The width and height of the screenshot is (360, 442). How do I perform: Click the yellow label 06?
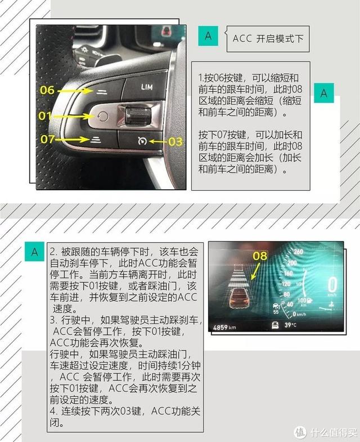47,90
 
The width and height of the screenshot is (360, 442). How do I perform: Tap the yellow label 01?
45,115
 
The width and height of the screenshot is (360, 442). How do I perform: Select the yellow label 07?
48,139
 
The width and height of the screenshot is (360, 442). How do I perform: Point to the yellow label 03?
175,141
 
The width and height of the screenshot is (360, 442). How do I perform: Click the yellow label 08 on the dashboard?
260,256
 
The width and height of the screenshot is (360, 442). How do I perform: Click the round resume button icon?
103,116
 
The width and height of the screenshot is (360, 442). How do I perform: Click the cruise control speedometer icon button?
142,141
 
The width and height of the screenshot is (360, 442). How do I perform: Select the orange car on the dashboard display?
240,298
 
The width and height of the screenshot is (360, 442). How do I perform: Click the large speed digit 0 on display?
332,284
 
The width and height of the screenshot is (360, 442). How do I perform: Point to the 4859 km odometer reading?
224,327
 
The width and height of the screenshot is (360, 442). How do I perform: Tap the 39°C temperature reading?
290,325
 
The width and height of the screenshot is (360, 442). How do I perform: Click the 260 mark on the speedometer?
298,252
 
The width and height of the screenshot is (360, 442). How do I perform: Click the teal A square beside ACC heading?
208,36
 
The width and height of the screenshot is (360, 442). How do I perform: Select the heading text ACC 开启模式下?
268,39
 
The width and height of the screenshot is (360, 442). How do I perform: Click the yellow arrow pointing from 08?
255,271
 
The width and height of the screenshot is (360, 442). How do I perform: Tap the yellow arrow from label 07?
71,139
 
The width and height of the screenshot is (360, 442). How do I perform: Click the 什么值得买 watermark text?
334,432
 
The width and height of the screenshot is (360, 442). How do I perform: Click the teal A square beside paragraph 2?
34,252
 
